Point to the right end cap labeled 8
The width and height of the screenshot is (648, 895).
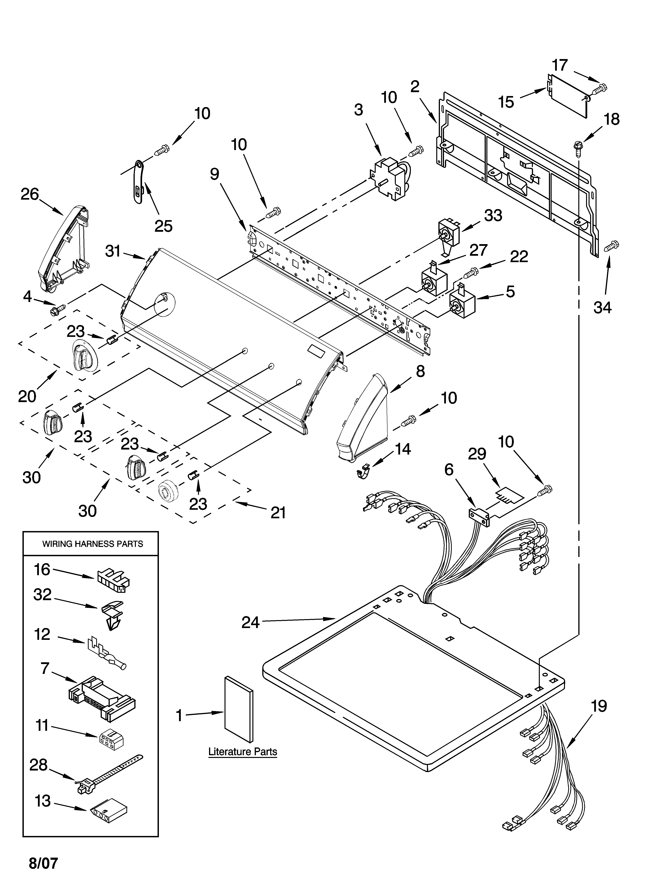tap(363, 420)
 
